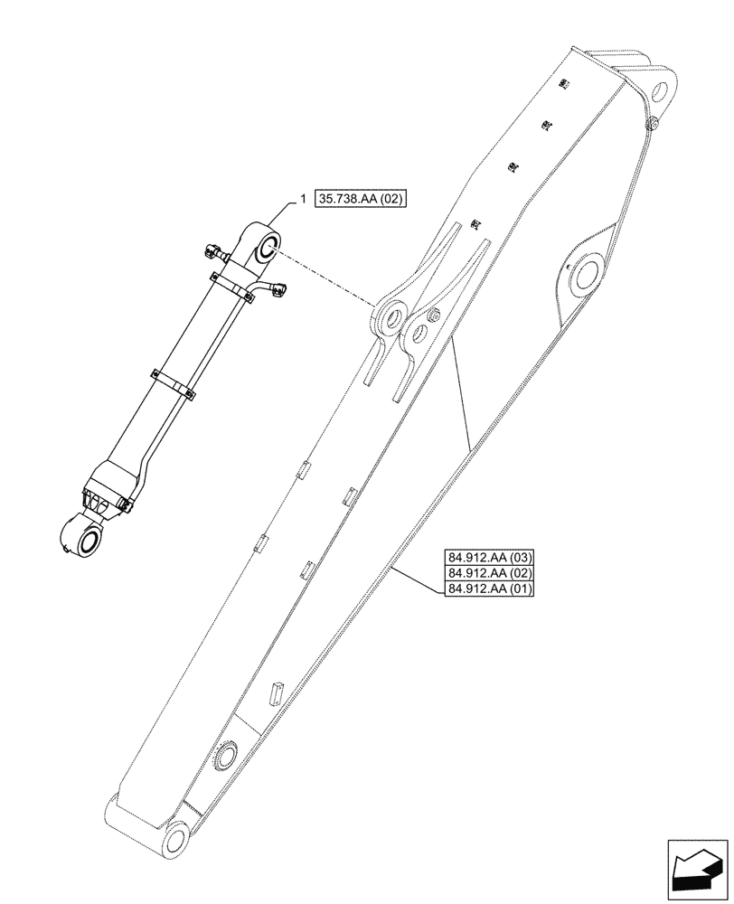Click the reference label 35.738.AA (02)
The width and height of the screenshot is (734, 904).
[x=362, y=197]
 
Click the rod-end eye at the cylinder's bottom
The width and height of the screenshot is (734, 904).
[x=88, y=541]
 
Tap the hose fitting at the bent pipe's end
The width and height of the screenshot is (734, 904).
[x=278, y=289]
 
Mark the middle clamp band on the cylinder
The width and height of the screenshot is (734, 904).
[x=174, y=381]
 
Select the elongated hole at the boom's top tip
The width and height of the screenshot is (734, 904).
[x=660, y=91]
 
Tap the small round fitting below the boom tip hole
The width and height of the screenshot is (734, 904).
[x=651, y=124]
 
